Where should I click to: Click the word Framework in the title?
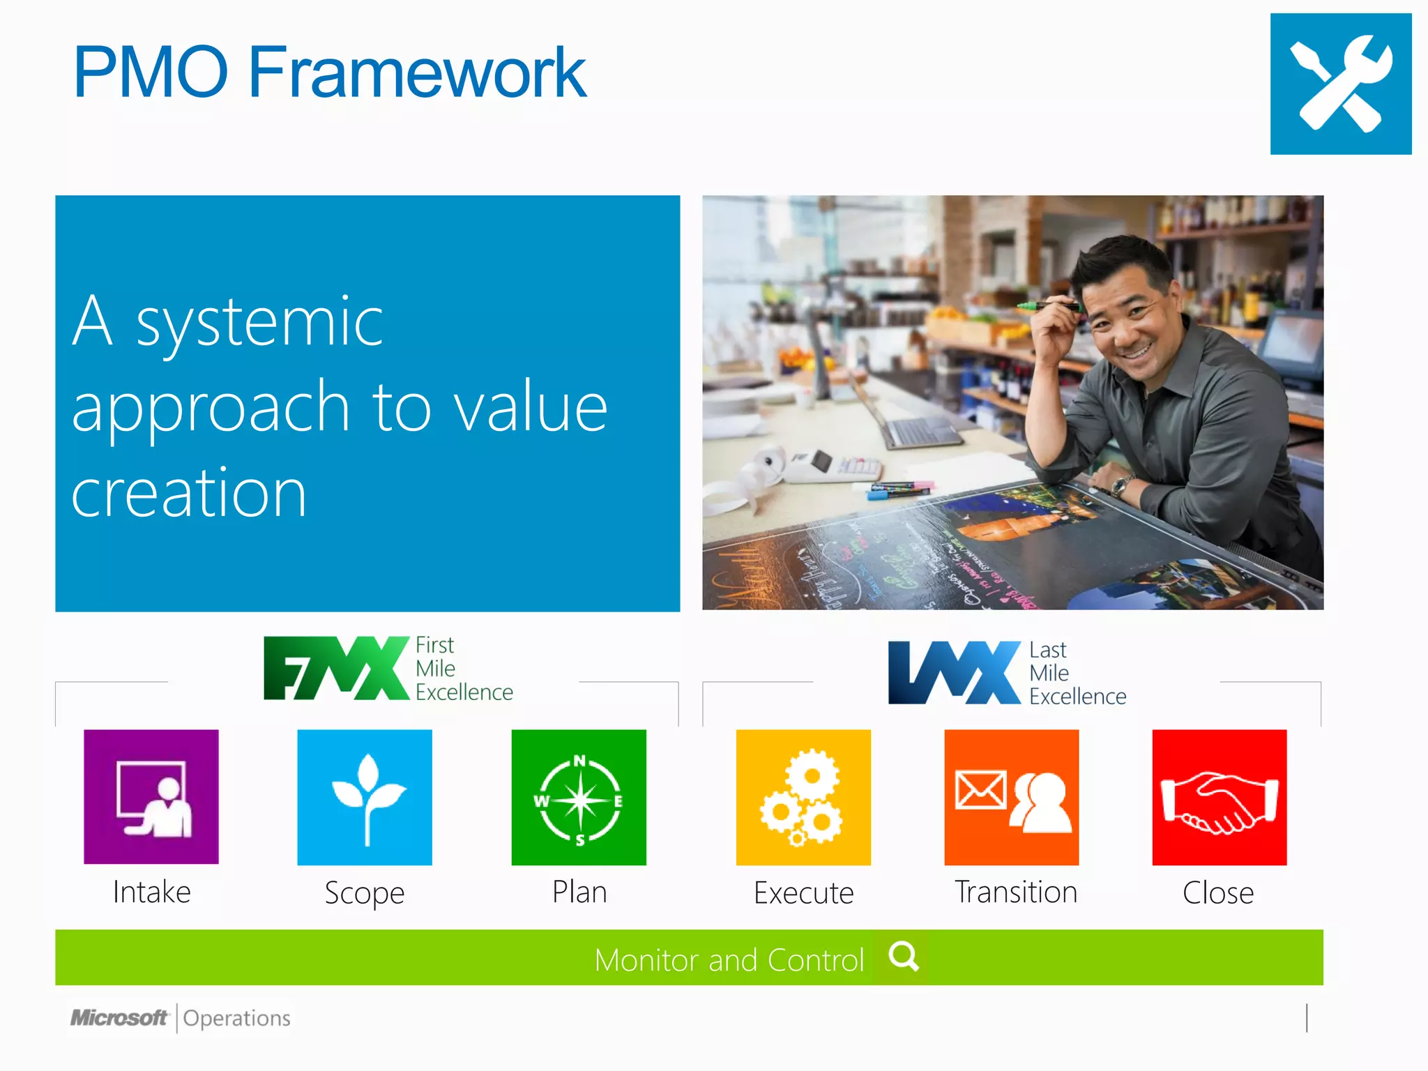416,72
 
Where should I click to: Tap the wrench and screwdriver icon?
1340,84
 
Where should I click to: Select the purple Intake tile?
151,796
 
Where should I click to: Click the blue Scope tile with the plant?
364,796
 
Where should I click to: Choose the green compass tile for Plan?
578,796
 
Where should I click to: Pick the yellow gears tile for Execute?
803,796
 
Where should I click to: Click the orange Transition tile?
1011,796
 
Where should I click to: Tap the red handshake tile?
1219,796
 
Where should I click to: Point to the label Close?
1217,892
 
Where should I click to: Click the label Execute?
803,892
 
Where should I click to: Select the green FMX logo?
335,668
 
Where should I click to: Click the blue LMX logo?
953,672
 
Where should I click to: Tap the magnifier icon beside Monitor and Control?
904,956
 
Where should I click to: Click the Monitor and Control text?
729,960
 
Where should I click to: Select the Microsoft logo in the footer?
119,1018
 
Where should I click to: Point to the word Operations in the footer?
236,1018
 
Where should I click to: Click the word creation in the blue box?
189,493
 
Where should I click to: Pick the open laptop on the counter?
913,425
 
